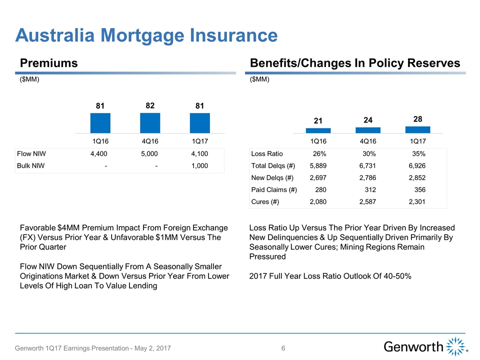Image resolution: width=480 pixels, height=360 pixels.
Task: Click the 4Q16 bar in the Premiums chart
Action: point(150,123)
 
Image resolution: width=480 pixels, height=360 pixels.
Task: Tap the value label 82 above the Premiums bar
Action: point(150,105)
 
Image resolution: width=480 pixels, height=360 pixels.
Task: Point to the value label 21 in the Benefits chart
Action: point(318,121)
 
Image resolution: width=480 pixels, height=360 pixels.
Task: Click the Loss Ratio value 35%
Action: point(418,154)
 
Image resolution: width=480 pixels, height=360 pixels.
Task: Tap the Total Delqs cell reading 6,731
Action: point(368,166)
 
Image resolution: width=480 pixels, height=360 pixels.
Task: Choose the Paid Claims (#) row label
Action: point(274,190)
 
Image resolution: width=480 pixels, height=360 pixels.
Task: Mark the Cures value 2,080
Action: point(319,202)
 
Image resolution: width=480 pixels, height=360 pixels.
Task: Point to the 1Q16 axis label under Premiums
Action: point(100,140)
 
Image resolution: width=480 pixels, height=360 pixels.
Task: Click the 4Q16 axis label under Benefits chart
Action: point(368,140)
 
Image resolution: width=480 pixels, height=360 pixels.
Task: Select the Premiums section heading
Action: point(49,63)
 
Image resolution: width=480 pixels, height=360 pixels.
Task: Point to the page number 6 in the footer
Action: point(283,348)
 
